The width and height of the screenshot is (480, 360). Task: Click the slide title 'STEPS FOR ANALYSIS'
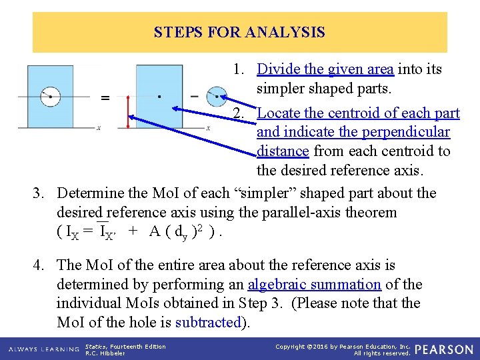(x=239, y=32)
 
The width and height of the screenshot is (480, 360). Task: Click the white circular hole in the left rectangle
(x=51, y=97)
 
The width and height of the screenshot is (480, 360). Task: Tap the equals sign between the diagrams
(x=105, y=99)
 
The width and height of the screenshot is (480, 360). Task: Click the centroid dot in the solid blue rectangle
(x=159, y=96)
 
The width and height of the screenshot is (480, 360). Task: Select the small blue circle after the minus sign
(x=216, y=96)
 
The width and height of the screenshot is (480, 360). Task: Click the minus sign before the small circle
(x=195, y=96)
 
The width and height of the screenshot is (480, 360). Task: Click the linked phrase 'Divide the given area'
(x=325, y=69)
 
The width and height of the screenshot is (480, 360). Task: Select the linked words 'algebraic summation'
(x=314, y=285)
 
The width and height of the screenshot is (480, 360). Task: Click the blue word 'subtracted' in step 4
(x=207, y=323)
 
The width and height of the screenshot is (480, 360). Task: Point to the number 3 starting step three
(x=39, y=194)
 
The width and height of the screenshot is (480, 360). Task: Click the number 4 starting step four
(x=39, y=266)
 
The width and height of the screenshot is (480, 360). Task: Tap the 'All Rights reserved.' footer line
(x=382, y=353)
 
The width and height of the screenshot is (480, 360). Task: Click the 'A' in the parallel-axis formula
(x=155, y=232)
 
